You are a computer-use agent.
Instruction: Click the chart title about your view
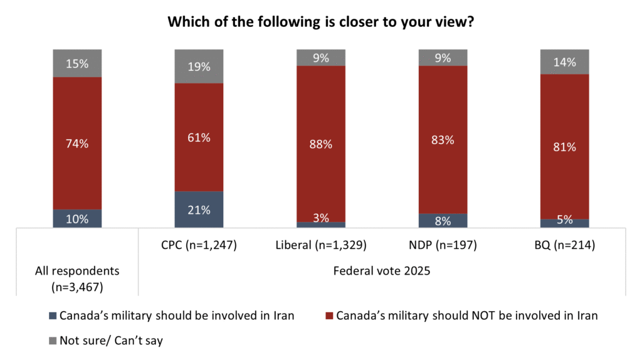320,23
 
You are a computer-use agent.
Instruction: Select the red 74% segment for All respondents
77,143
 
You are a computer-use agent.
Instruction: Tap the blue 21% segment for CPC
199,209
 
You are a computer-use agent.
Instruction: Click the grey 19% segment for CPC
199,66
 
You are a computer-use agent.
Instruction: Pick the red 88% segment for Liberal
321,144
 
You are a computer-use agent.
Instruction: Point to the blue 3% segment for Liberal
321,225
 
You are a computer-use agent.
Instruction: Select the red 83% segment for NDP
443,139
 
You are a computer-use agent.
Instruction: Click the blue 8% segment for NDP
443,220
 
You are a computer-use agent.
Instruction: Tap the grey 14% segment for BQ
565,62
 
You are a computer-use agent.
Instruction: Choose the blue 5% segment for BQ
565,223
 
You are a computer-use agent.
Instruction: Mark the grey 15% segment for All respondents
77,63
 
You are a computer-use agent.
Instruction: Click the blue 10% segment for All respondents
77,218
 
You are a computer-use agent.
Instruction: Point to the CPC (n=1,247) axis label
199,245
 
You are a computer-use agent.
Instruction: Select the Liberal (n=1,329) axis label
321,245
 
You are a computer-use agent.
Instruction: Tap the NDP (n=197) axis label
443,245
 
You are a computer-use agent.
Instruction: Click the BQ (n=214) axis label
565,245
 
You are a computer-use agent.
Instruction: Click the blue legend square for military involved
53,316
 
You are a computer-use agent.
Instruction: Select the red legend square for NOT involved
329,316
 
